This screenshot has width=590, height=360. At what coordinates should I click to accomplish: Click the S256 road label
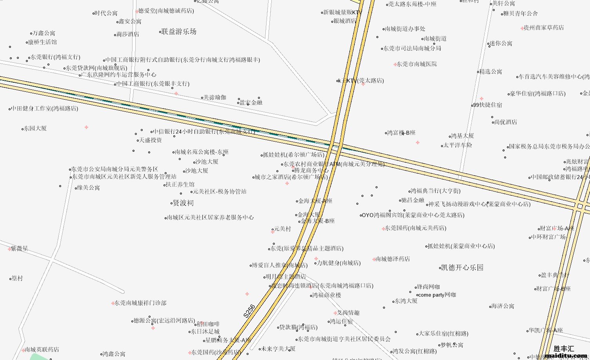(249, 311)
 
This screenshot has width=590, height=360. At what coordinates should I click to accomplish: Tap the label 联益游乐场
(179, 32)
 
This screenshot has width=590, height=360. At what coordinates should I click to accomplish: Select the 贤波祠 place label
(183, 203)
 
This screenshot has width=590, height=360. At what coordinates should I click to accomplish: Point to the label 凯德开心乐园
(462, 268)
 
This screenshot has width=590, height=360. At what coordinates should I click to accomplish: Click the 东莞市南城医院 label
(416, 64)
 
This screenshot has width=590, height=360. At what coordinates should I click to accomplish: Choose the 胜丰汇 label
(564, 348)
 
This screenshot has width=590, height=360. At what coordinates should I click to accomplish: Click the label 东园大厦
(35, 128)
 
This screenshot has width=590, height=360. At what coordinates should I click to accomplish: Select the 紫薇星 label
(19, 249)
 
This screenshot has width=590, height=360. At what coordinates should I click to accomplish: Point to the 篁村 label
(17, 278)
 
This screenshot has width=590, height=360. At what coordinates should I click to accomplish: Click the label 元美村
(282, 229)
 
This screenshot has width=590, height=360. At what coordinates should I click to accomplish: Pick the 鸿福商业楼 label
(327, 295)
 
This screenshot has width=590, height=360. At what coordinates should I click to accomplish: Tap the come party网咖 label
(437, 295)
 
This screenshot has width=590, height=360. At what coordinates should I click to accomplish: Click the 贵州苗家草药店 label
(544, 28)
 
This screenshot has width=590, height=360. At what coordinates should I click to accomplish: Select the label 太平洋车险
(457, 145)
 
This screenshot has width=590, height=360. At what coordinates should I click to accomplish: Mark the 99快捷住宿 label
(487, 105)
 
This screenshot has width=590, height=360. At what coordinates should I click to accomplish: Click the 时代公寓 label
(106, 13)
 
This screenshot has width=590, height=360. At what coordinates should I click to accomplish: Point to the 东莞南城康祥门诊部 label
(140, 303)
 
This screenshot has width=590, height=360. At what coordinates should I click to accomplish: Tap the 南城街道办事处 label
(405, 29)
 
